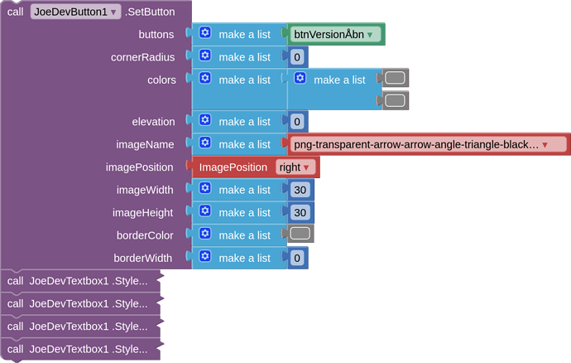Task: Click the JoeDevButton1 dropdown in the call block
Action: coord(76,12)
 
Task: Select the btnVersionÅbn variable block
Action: coord(334,34)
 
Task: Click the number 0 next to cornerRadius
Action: coord(298,57)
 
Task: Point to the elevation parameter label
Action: coord(153,122)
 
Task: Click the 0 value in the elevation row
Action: coord(298,122)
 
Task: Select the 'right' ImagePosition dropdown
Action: coord(295,167)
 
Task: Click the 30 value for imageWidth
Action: coord(300,190)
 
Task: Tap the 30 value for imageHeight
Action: coord(300,212)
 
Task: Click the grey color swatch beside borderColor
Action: coord(300,235)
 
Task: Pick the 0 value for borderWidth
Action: coord(298,258)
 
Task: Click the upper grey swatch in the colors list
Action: coord(395,78)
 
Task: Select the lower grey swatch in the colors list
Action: coord(395,100)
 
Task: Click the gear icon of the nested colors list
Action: coord(300,79)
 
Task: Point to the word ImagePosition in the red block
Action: coord(233,167)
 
